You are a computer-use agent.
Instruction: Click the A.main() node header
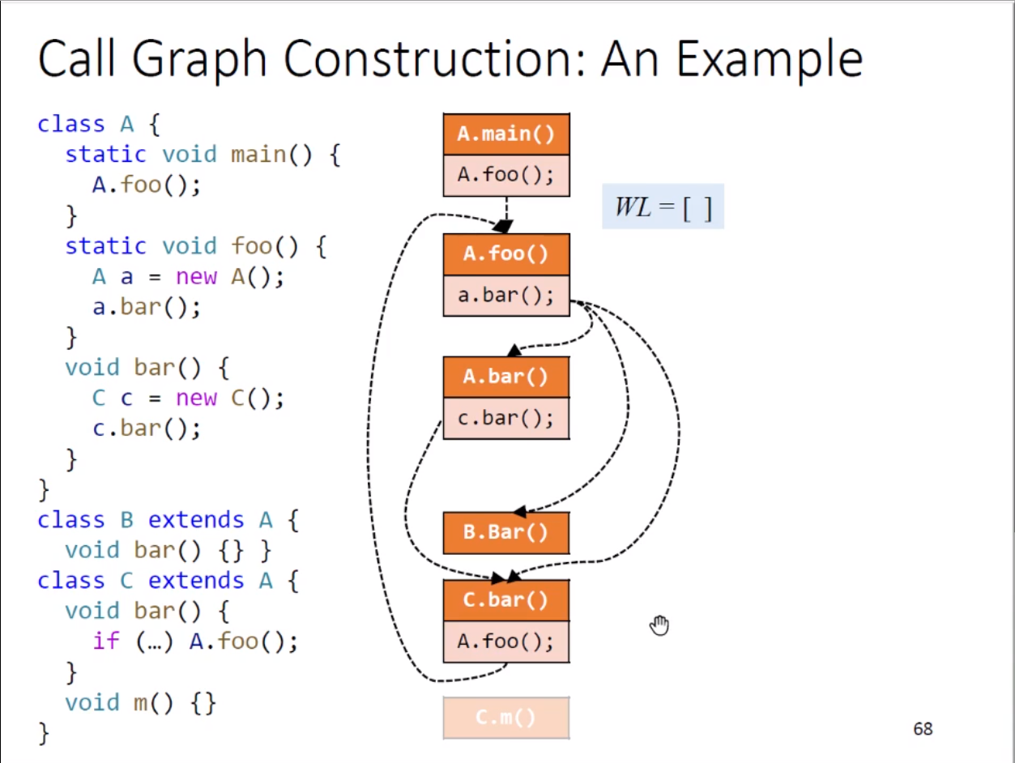pos(506,134)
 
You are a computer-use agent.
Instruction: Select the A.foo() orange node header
pos(506,254)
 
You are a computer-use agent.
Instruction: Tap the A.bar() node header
pos(506,377)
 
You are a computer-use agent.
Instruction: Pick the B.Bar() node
pos(506,532)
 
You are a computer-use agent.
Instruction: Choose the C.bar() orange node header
pos(506,600)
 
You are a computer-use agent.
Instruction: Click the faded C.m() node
pos(506,718)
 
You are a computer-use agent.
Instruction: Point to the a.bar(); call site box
pos(506,295)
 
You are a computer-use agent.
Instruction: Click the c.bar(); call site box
pos(506,418)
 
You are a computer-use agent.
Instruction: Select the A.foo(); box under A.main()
pos(506,175)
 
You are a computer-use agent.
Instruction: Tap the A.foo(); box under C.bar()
pos(506,642)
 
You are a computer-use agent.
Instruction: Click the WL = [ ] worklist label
pos(663,207)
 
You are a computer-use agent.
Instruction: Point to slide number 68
pos(923,729)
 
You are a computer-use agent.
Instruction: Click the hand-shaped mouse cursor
pos(660,625)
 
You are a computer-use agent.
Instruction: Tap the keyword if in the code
pos(106,642)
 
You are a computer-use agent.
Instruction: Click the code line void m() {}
pos(141,702)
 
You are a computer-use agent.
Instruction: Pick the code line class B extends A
pos(168,520)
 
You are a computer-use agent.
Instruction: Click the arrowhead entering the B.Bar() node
pos(519,511)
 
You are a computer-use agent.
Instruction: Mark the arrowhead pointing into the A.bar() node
pos(513,351)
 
